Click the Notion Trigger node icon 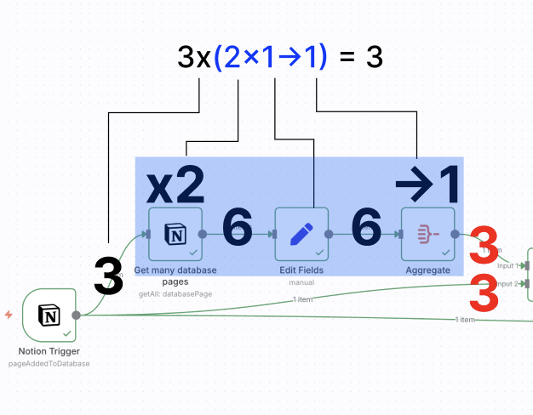(x=49, y=316)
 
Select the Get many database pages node (x=175, y=234)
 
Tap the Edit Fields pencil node (x=301, y=234)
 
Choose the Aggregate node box (x=427, y=234)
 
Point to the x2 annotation (x=175, y=183)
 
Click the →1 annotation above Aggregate (x=428, y=183)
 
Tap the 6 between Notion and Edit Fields (x=238, y=230)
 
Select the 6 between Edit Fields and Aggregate (x=366, y=230)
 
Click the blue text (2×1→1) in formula (x=271, y=57)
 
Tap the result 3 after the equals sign (x=374, y=58)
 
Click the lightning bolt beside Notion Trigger (x=9, y=315)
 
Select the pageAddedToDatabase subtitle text (x=49, y=363)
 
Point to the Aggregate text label (x=427, y=270)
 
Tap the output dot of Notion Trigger (x=77, y=315)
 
